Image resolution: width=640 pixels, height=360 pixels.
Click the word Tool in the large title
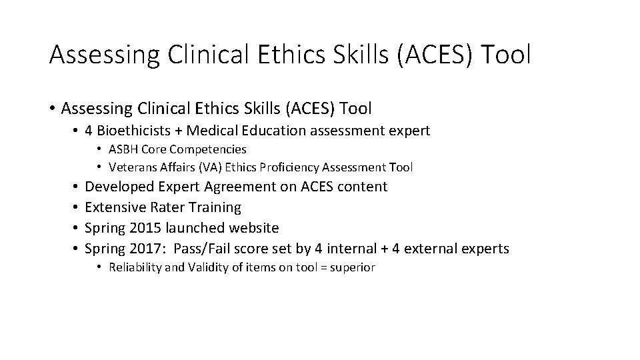pos(503,55)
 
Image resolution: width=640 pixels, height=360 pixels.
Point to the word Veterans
pos(132,167)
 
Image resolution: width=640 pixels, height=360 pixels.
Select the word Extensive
pos(115,207)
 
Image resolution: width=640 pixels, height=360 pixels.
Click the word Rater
pos(167,207)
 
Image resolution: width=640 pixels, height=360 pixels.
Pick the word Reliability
pos(133,267)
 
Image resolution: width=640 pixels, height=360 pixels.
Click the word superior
pos(352,267)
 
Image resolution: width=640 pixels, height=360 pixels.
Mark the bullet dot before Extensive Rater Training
pos(75,207)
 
